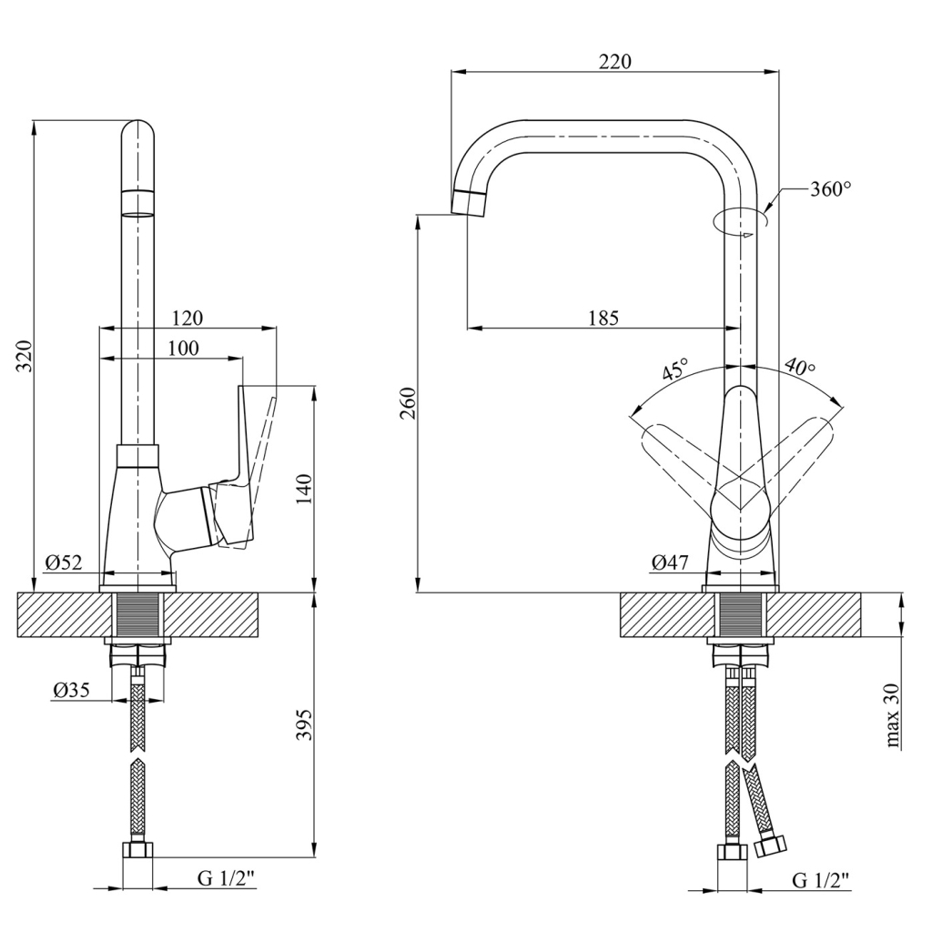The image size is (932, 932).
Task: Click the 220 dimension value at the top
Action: [615, 62]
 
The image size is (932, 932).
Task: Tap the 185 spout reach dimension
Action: [603, 318]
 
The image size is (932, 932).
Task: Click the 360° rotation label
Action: [830, 189]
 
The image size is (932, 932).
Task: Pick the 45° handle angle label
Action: [674, 370]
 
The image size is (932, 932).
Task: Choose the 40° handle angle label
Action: [800, 367]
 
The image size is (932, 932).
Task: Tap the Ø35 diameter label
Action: [71, 691]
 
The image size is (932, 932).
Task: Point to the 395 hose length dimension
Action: [306, 724]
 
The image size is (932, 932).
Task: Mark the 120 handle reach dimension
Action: [187, 318]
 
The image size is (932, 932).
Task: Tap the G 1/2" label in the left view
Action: [227, 878]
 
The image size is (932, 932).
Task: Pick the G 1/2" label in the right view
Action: [821, 879]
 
